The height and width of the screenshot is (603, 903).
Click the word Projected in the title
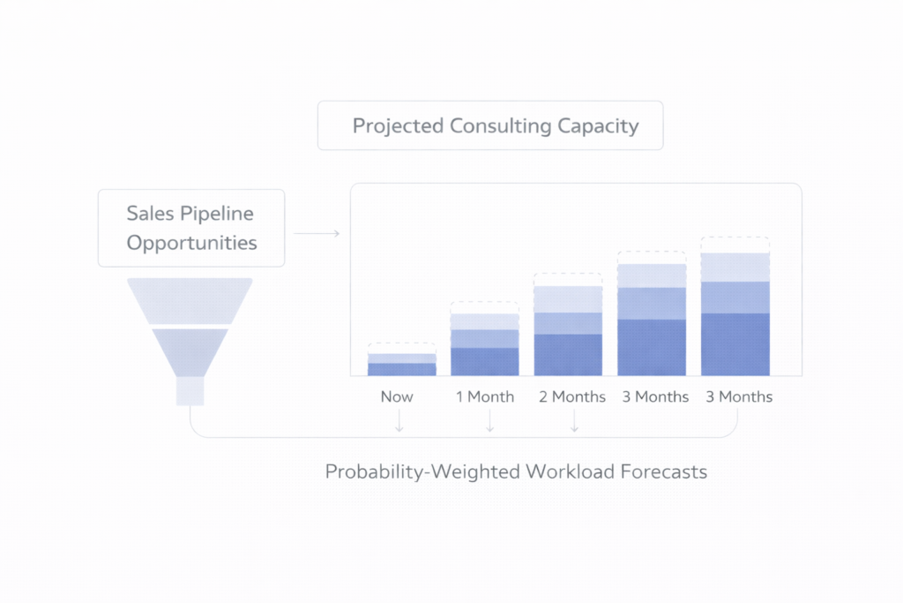398,125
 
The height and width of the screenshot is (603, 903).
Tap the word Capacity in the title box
597,125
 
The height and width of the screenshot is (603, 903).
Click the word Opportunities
192,242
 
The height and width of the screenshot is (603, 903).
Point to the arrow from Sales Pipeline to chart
316,233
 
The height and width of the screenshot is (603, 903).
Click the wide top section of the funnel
190,300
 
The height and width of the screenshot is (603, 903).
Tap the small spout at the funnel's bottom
190,390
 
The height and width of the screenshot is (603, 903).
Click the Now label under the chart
397,396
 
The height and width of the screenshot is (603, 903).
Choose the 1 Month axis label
485,396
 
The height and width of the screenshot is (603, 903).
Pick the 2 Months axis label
572,396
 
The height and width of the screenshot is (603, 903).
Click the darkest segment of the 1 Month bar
485,362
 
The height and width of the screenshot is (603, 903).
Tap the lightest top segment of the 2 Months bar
568,298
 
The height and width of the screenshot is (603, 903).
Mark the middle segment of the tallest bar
735,297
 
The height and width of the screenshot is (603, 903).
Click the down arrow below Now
399,424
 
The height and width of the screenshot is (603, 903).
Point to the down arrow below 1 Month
489,424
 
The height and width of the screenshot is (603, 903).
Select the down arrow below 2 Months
574,424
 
